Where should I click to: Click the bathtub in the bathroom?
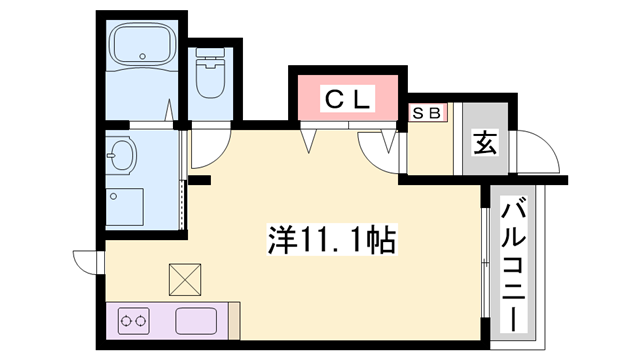143,43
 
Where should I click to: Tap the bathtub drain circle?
142,56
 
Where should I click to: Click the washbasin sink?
121,156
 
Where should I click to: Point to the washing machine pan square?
124,207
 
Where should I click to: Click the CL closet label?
349,99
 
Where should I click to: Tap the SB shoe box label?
427,113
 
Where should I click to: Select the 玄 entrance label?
485,142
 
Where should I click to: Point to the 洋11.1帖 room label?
332,240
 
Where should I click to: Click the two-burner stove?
134,321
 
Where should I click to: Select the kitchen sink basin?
196,321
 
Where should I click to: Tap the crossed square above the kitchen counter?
185,280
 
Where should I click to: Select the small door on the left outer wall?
87,262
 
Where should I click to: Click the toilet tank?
211,52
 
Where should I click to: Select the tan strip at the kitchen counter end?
234,321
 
